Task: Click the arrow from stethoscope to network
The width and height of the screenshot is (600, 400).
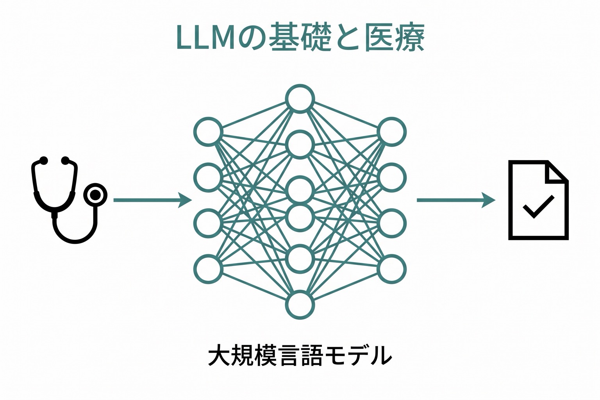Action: pos(153,200)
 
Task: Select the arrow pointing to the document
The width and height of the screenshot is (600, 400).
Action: pos(456,200)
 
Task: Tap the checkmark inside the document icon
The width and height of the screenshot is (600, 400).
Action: pos(538,207)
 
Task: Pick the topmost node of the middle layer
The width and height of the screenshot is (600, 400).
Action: pos(300,99)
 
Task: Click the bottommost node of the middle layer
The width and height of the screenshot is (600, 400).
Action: pos(300,305)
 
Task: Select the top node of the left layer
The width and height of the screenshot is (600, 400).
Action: pos(208,132)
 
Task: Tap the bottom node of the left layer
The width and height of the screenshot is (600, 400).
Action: pos(208,269)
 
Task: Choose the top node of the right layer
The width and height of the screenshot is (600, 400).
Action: pos(392,132)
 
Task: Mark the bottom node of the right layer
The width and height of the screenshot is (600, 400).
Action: pos(392,269)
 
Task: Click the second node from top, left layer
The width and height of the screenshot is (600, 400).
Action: pos(208,177)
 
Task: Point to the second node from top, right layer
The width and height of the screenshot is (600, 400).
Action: pos(392,177)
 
